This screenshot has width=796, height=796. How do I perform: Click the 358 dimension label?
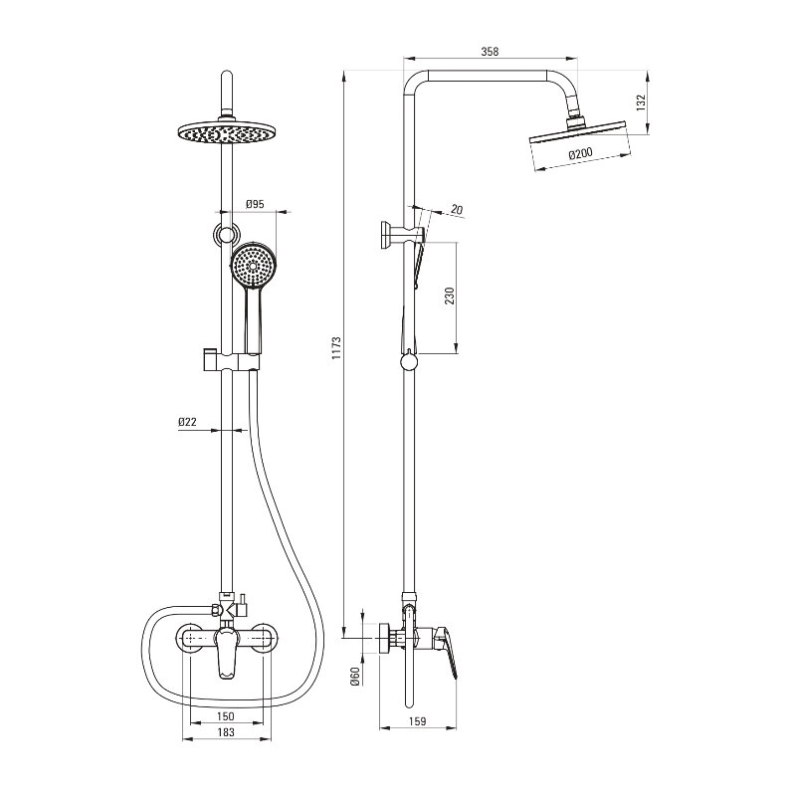(490, 52)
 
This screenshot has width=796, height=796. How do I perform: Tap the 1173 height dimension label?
(336, 347)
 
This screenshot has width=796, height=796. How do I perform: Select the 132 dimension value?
(641, 102)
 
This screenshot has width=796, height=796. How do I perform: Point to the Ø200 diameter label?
(580, 153)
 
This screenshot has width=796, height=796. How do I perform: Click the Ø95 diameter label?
(255, 204)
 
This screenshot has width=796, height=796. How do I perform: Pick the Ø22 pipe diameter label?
(187, 421)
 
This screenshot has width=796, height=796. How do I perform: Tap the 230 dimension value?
(450, 296)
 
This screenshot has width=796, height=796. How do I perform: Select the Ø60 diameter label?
(355, 677)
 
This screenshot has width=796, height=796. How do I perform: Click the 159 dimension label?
(417, 721)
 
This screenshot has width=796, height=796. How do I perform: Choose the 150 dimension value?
(226, 716)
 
